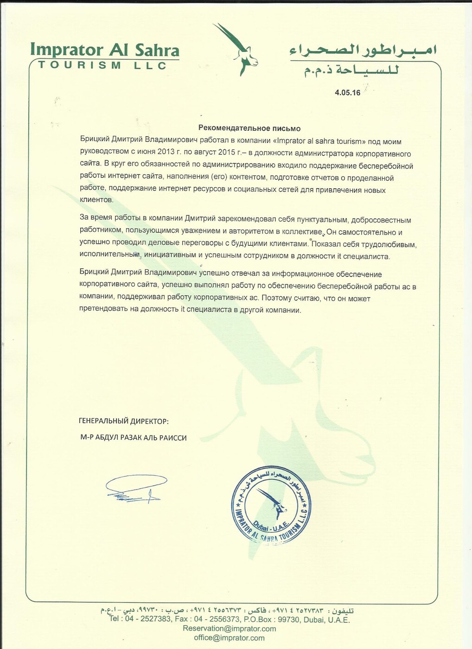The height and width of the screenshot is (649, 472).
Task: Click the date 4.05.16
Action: click(347, 93)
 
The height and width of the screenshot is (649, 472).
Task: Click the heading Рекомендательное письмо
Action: click(249, 128)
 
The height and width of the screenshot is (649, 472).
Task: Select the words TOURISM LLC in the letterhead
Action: click(102, 65)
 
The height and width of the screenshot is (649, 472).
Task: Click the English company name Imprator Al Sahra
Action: click(104, 50)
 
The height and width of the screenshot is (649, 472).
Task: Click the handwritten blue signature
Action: click(135, 489)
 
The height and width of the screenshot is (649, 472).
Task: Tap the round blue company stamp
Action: click(271, 504)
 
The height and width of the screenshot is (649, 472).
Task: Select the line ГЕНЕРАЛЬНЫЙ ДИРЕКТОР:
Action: click(124, 421)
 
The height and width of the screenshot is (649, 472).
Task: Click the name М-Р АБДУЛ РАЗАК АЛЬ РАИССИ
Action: click(134, 438)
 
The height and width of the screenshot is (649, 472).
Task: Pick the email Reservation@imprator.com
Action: click(230, 629)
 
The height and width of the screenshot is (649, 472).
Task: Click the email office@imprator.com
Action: click(230, 638)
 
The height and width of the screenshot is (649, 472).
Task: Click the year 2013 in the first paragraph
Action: click(166, 153)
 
